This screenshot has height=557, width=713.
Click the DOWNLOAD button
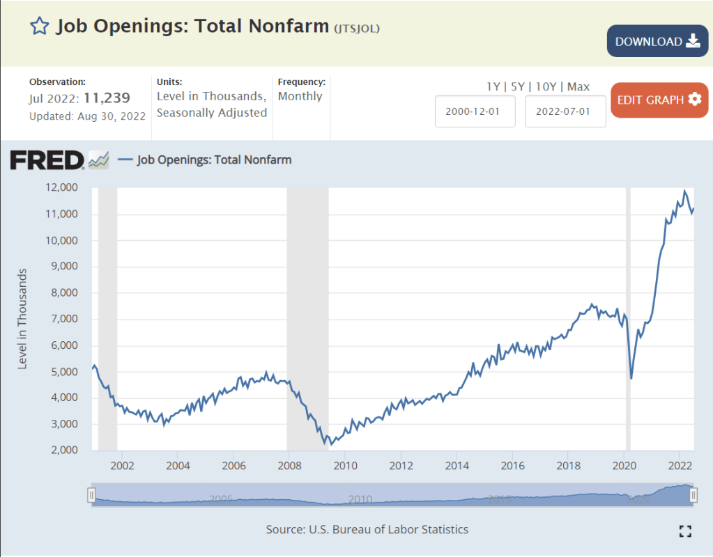click(x=657, y=41)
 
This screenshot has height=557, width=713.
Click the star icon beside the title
click(x=40, y=26)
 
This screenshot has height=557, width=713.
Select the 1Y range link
click(x=493, y=86)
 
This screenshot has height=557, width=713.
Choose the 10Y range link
click(x=546, y=86)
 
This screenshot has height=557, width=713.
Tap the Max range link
click(x=578, y=86)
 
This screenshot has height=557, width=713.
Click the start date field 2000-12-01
click(x=475, y=111)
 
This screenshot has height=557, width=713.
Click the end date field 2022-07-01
click(x=565, y=111)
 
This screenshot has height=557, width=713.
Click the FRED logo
click(x=47, y=160)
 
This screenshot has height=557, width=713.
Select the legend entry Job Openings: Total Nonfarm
click(x=214, y=159)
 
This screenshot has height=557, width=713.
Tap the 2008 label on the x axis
click(x=289, y=465)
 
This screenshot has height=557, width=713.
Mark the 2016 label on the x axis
click(x=512, y=465)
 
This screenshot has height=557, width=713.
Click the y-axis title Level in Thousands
click(x=22, y=318)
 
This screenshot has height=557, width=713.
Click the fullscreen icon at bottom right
click(x=685, y=531)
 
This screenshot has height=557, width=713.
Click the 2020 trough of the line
click(x=631, y=379)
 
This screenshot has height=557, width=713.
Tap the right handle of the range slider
click(x=693, y=495)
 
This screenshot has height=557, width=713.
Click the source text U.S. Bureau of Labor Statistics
click(x=388, y=529)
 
